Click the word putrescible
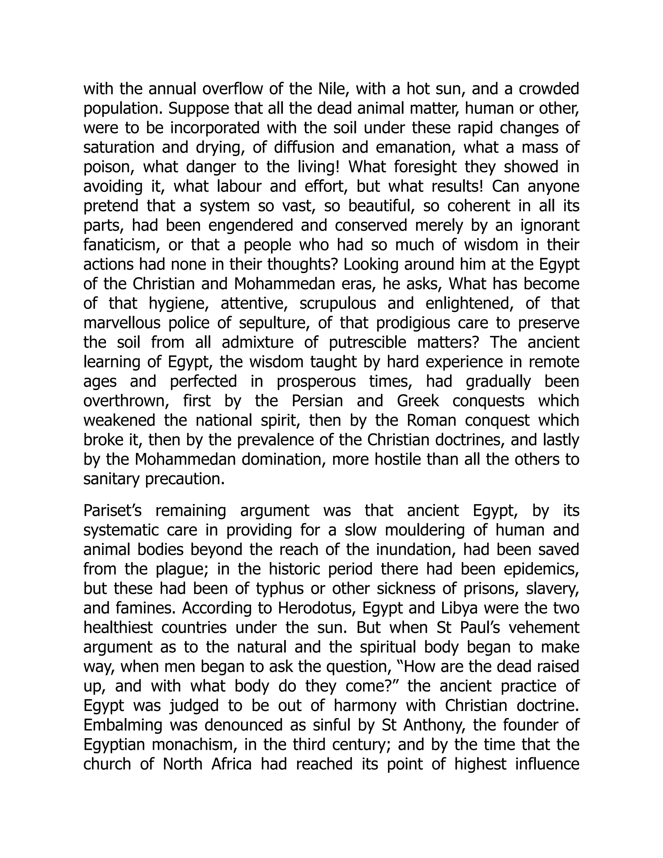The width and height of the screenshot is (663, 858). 366,343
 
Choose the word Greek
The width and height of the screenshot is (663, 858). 418,401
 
